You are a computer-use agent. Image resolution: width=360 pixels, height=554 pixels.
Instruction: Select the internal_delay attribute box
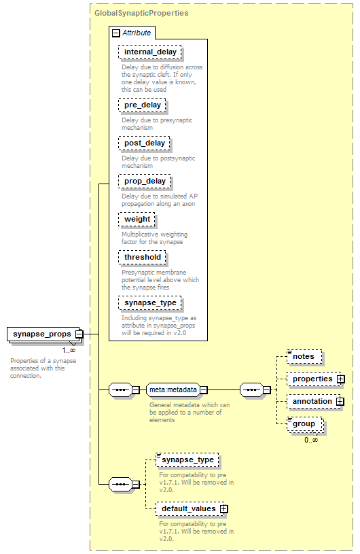[150, 52]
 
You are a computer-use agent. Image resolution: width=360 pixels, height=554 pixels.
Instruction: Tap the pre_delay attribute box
[142, 105]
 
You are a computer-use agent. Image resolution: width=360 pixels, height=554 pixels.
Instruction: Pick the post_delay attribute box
[145, 143]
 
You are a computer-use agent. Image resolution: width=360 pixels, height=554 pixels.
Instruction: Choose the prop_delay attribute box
[145, 181]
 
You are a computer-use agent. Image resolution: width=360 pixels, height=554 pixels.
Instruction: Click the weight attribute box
[137, 219]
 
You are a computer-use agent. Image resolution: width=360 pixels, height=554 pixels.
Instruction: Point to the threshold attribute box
[142, 257]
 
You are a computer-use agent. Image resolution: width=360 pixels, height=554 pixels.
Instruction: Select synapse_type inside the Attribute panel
[150, 302]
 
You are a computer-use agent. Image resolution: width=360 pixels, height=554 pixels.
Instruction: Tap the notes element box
[304, 356]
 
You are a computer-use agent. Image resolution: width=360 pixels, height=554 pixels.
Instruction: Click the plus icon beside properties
[340, 379]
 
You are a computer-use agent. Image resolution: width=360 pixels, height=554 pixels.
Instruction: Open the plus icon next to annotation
[340, 401]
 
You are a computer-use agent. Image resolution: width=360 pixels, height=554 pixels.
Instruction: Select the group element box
[305, 424]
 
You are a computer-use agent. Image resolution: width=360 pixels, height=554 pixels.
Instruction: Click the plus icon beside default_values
[223, 508]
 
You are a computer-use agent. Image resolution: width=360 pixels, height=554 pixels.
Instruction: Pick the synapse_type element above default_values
[187, 460]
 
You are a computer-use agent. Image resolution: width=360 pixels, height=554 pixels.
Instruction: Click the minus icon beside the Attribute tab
[115, 33]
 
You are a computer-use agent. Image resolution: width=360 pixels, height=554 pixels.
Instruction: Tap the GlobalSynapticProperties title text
[141, 13]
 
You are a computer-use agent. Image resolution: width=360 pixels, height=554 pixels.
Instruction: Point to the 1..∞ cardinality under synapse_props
[69, 350]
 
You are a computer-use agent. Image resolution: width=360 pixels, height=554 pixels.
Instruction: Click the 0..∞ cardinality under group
[311, 440]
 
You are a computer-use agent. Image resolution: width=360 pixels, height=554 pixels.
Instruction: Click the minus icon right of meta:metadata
[204, 389]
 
